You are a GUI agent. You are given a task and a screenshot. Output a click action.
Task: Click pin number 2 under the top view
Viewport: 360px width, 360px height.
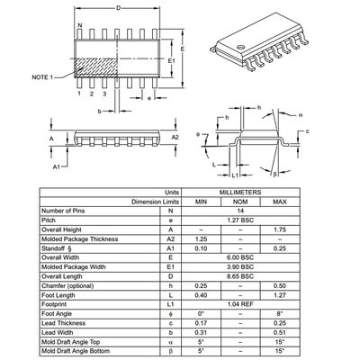coord(92,94)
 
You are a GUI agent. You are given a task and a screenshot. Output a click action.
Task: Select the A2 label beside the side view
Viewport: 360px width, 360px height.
coord(176,136)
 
